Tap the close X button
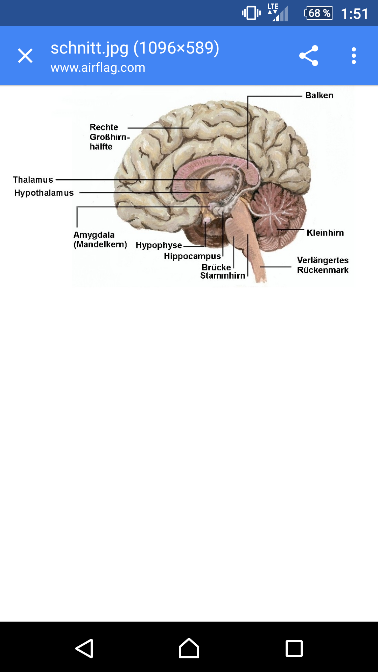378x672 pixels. pos(25,56)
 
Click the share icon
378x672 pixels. pos(309,56)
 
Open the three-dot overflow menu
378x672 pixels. pos(354,56)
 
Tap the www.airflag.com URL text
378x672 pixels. pos(98,68)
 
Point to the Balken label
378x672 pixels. pos(319,95)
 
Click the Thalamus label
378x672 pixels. pos(33,180)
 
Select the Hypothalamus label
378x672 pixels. pos(44,193)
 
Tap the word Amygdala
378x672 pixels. pos(94,235)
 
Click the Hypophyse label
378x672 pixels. pos(159,245)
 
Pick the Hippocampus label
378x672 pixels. pos(192,256)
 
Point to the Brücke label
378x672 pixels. pos(216,267)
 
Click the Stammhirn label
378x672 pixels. pos(223,275)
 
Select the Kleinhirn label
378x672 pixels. pos(325,233)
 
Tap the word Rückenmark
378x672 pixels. pos(323,270)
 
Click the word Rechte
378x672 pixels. pos(104,127)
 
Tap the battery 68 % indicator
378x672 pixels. pos(318,13)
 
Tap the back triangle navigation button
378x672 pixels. pos(84,648)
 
